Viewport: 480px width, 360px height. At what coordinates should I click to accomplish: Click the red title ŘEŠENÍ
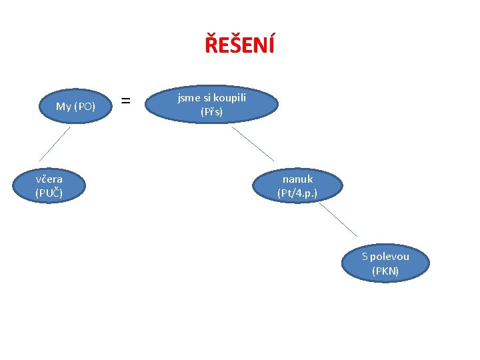(239, 45)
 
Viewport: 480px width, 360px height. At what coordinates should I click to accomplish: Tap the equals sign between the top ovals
(125, 101)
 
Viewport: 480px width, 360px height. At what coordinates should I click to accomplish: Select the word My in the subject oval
(63, 106)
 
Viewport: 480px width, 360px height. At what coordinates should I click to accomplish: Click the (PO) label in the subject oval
(85, 106)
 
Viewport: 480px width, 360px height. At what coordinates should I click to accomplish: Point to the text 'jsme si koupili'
(211, 98)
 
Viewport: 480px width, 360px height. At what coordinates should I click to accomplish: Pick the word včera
(49, 179)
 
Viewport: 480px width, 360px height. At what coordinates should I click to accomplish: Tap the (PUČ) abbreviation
(49, 193)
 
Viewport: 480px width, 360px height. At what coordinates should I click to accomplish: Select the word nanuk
(297, 179)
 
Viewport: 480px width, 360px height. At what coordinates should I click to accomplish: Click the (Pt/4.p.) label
(297, 193)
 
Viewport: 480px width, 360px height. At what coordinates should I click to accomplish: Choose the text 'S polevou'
(385, 257)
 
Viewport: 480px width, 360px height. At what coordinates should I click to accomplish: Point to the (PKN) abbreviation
(385, 271)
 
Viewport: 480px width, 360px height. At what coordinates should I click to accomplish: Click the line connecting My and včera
(55, 143)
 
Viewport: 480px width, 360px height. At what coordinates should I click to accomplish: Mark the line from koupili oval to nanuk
(253, 143)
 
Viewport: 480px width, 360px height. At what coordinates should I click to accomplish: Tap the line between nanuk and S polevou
(338, 219)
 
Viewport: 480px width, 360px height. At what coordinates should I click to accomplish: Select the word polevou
(390, 257)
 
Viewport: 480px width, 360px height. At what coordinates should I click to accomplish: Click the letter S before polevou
(365, 257)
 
